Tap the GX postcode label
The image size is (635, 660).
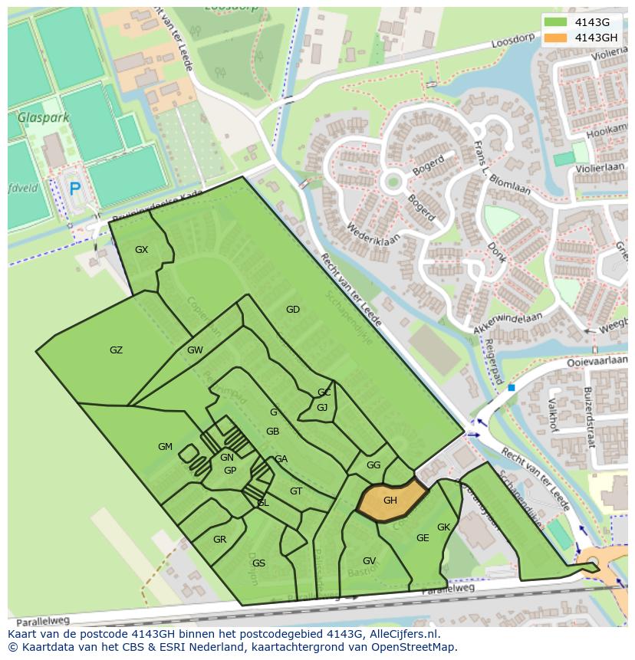[141, 250]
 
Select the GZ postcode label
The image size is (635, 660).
[116, 350]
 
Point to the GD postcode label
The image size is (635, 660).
[292, 310]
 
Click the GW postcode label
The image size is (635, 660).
[195, 350]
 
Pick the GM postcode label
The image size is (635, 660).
[165, 447]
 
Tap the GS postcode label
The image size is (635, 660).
[258, 563]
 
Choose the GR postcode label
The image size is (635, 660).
[219, 540]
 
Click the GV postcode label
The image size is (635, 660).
[369, 561]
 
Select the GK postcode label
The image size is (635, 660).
[443, 527]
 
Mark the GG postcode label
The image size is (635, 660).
[373, 465]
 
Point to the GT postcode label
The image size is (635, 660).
[296, 491]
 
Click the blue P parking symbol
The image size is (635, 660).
[74, 189]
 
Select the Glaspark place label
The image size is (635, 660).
[44, 118]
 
